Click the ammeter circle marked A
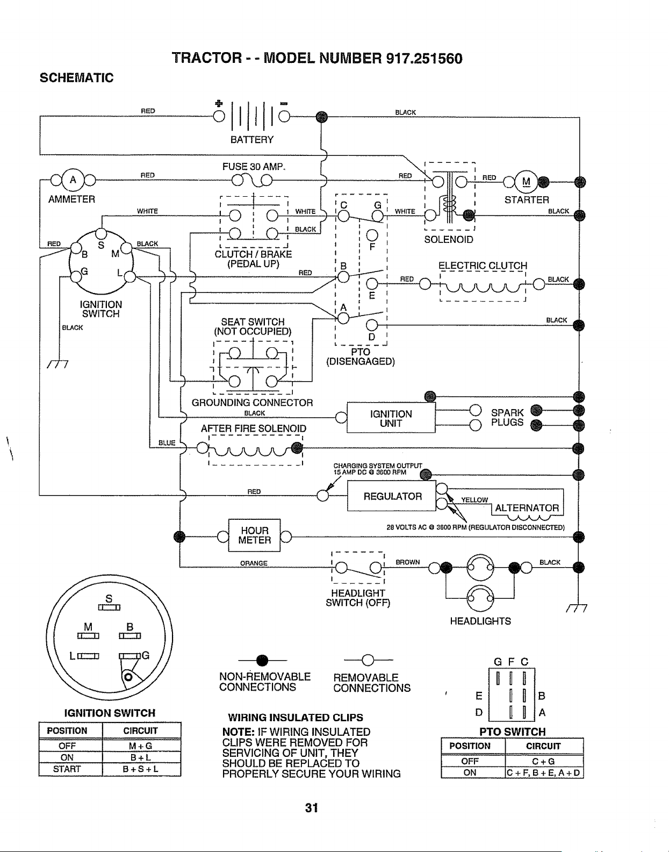[x=73, y=180]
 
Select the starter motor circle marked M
[x=526, y=182]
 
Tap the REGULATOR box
[x=392, y=496]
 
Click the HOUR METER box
[x=254, y=535]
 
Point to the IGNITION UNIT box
[x=391, y=418]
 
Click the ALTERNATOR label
[x=527, y=508]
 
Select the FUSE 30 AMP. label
[x=254, y=167]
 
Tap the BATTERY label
[x=251, y=140]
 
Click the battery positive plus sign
[x=219, y=104]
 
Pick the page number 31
[x=312, y=808]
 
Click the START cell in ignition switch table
[x=67, y=769]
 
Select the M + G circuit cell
[x=140, y=746]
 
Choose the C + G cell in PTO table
[x=543, y=761]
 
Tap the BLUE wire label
[x=167, y=442]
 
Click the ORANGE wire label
[x=254, y=563]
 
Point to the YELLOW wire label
[x=474, y=499]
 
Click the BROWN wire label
[x=408, y=562]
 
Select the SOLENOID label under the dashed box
[x=449, y=240]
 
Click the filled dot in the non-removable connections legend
[x=262, y=660]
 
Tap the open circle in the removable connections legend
[x=368, y=660]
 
